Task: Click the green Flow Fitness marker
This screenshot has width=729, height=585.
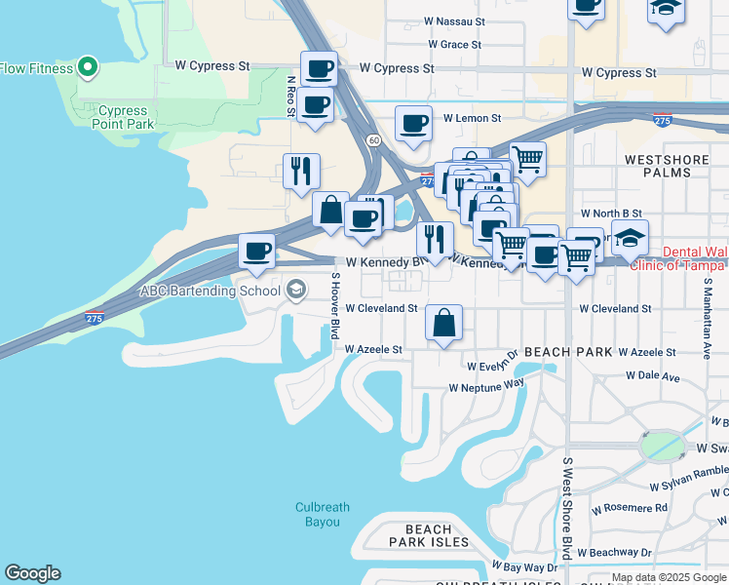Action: click(x=88, y=68)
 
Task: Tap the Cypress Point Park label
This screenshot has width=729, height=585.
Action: click(x=123, y=118)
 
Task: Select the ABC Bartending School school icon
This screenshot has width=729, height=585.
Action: click(x=295, y=290)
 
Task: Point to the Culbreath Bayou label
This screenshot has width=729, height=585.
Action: click(x=323, y=515)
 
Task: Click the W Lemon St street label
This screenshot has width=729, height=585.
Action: click(x=472, y=118)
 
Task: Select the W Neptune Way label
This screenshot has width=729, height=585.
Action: click(x=486, y=387)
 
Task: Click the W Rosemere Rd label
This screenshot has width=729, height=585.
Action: click(x=634, y=508)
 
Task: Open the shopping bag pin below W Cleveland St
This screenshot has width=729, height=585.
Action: click(x=443, y=323)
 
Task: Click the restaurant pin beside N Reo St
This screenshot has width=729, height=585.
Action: click(x=301, y=172)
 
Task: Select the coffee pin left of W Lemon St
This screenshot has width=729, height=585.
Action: click(x=413, y=124)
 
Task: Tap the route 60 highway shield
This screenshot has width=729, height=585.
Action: click(x=373, y=140)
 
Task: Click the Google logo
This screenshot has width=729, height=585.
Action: click(x=33, y=573)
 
